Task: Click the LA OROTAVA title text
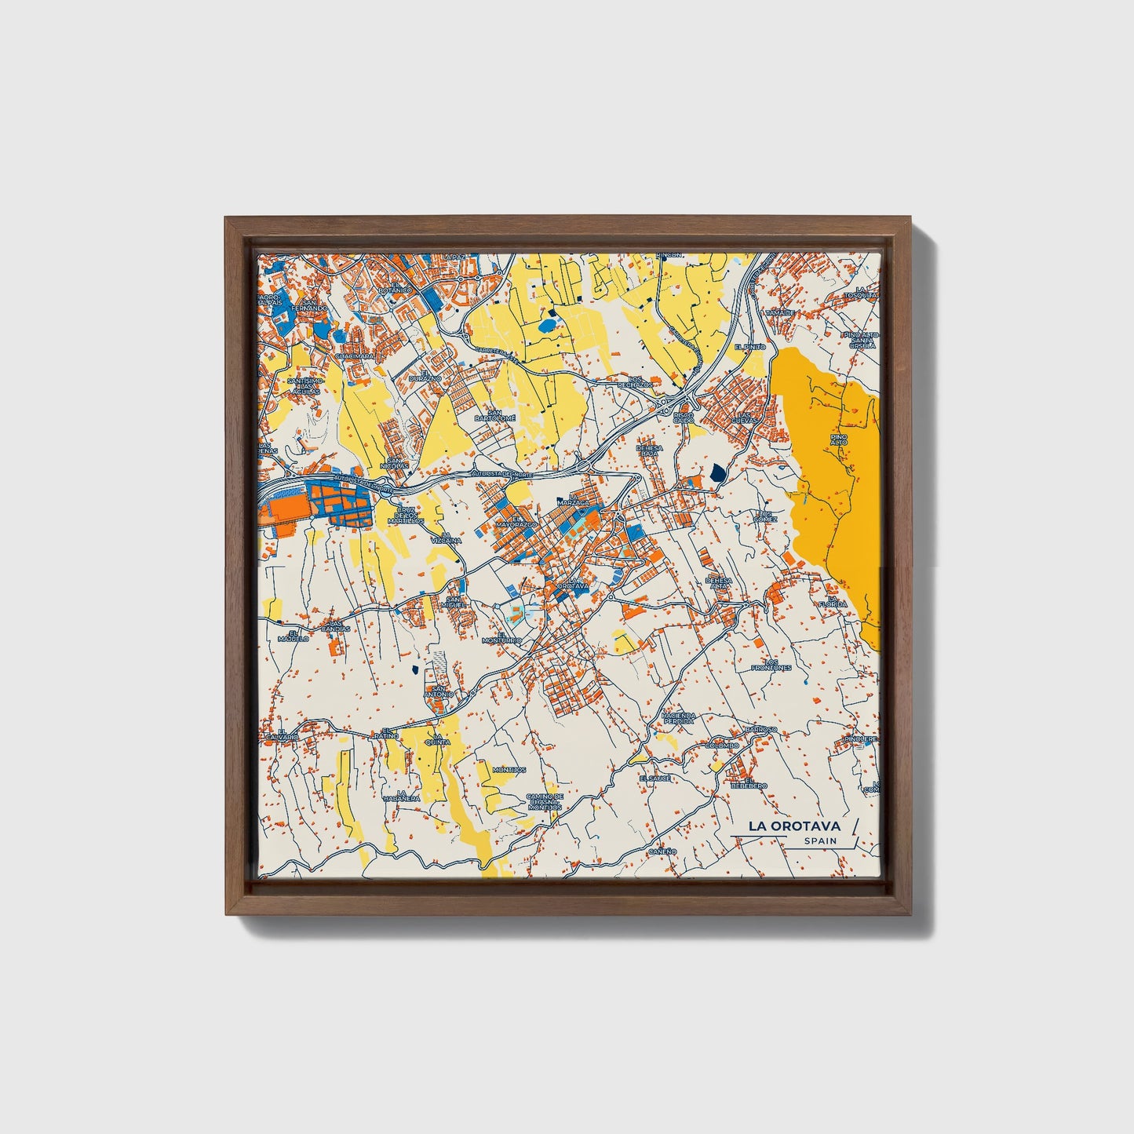coord(793,826)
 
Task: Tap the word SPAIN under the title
coord(819,841)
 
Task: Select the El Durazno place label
coord(431,376)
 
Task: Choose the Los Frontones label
coord(771,665)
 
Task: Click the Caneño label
coord(662,851)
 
